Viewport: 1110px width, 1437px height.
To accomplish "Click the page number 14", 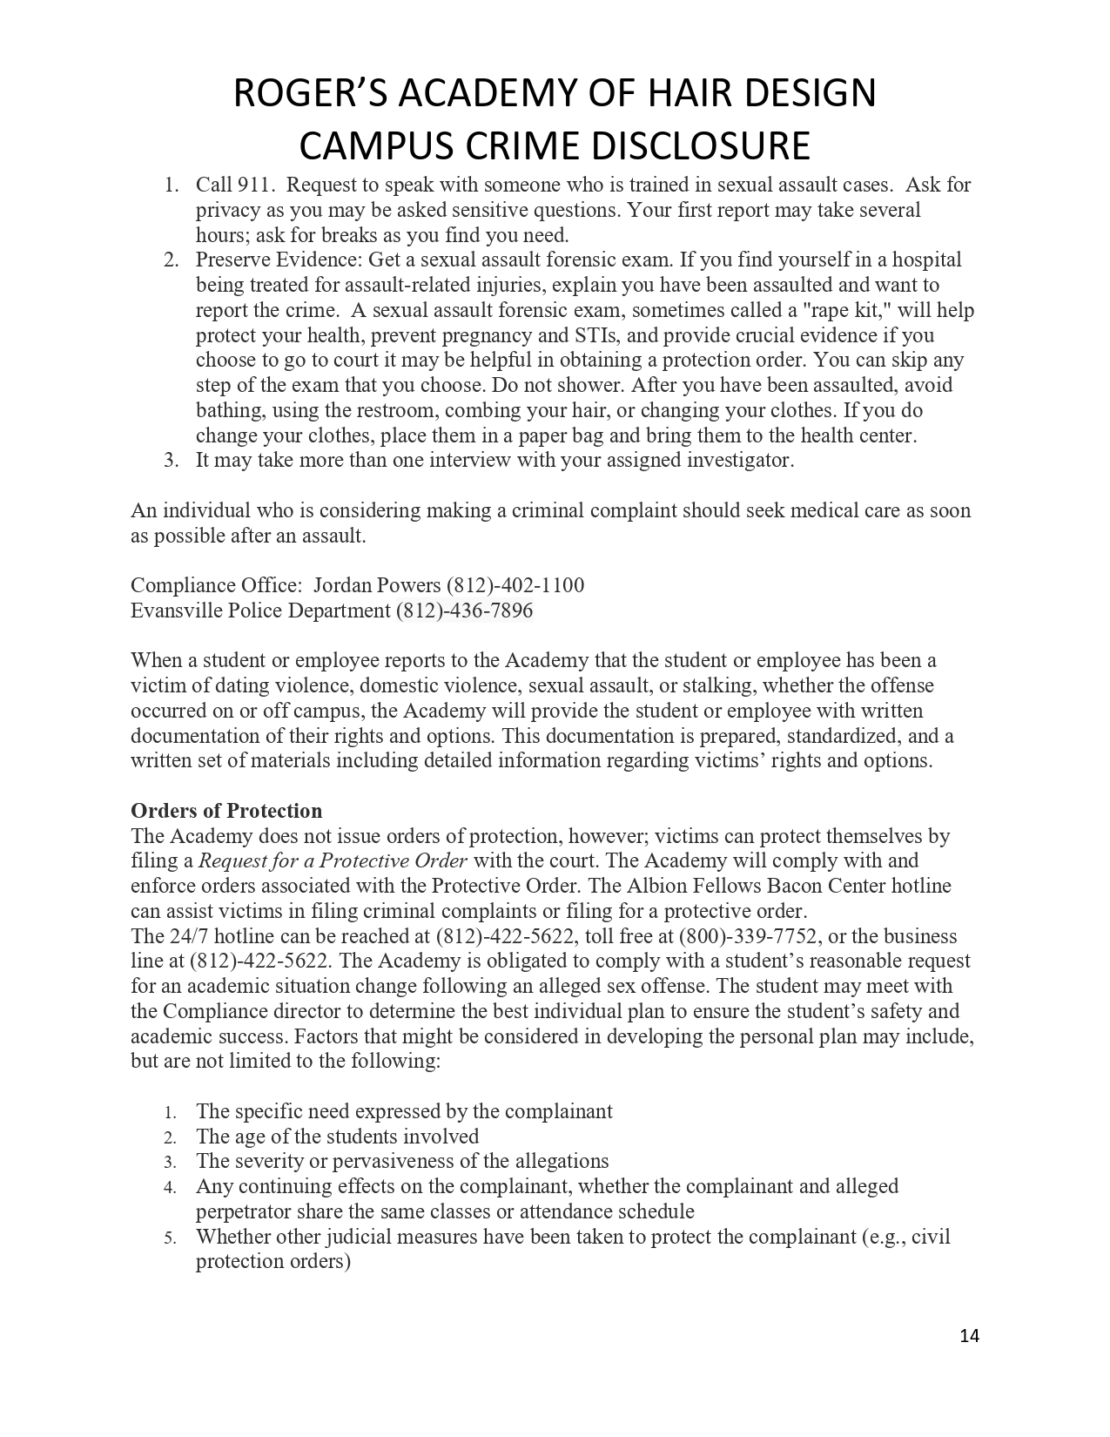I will [x=969, y=1336].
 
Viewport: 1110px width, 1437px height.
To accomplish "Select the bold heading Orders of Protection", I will [x=226, y=811].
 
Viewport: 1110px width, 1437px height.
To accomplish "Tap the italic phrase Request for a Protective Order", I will [x=333, y=861].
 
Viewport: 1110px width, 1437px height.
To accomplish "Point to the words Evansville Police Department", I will [x=260, y=611].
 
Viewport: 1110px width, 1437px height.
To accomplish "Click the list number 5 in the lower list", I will [x=171, y=1238].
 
